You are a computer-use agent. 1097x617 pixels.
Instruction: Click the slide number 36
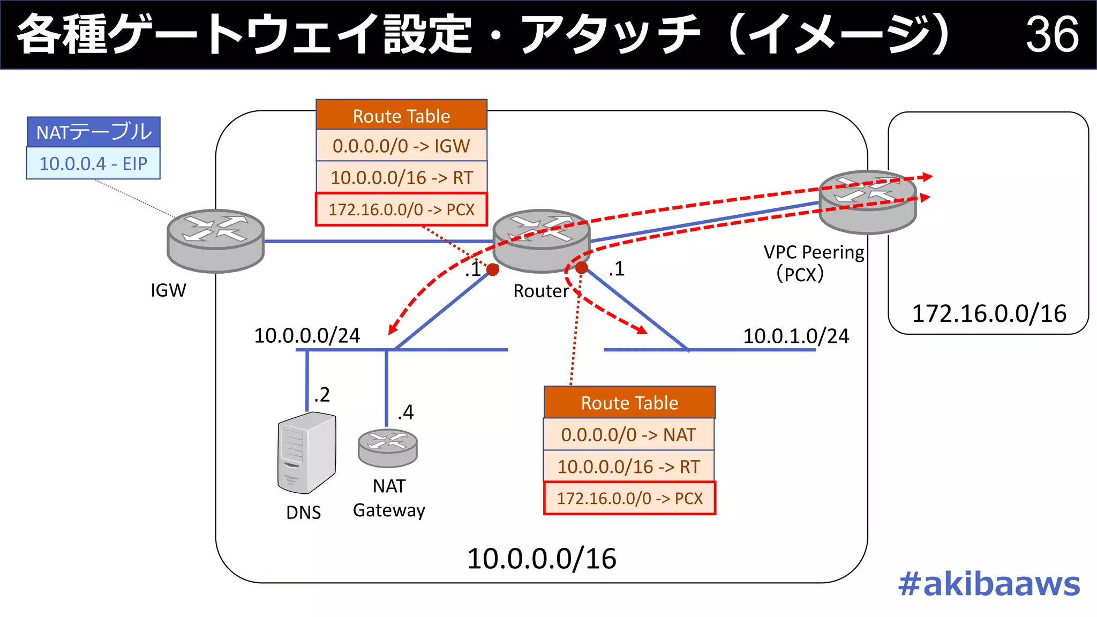tap(1051, 34)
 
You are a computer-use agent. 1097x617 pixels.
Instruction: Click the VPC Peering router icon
tap(867, 201)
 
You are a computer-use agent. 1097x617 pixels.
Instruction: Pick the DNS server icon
tap(306, 453)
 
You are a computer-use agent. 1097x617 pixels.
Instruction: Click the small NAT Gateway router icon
tap(387, 448)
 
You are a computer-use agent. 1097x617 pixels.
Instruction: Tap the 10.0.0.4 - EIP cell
tap(93, 163)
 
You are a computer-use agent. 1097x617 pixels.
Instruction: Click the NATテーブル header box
tap(93, 132)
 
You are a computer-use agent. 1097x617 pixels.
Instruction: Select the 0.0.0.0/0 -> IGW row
tap(401, 146)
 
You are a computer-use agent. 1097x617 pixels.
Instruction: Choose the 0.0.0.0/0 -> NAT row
tap(629, 434)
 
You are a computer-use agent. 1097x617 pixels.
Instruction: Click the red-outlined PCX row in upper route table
tap(401, 209)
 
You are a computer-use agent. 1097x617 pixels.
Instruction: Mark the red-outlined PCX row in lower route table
tap(629, 498)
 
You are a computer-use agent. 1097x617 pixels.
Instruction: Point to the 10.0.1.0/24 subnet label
tap(795, 336)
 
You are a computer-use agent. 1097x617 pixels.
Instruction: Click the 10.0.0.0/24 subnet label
tap(307, 336)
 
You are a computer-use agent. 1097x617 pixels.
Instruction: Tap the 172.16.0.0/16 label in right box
tap(989, 314)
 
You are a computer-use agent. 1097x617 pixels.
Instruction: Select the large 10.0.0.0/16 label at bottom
tap(542, 559)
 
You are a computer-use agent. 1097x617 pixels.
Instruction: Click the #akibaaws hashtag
tap(989, 584)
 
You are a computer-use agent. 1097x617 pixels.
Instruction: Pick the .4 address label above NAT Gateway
tap(405, 412)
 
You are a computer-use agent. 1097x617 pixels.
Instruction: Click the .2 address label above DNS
tap(321, 395)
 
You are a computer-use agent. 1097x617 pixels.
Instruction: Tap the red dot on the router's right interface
tap(582, 267)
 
